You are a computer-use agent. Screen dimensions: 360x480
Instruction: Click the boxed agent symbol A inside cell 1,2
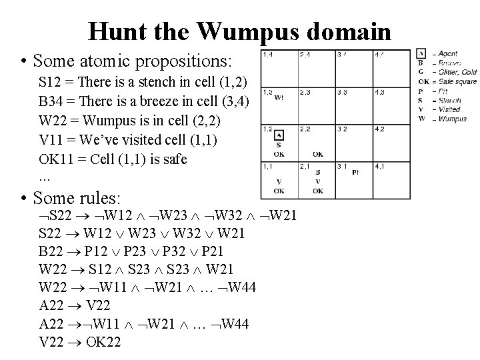point(279,135)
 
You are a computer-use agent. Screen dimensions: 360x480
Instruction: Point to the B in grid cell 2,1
point(318,172)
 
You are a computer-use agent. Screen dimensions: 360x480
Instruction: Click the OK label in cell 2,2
point(318,154)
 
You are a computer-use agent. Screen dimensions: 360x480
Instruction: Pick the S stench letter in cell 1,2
point(278,145)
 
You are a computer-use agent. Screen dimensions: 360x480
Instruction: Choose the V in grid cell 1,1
point(279,181)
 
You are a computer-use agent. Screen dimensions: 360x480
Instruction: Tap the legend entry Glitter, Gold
point(457,72)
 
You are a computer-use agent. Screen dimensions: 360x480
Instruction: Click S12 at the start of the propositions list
point(50,82)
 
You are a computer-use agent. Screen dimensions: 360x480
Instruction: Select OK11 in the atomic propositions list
point(55,159)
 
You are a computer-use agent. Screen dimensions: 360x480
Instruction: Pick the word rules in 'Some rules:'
point(97,198)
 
